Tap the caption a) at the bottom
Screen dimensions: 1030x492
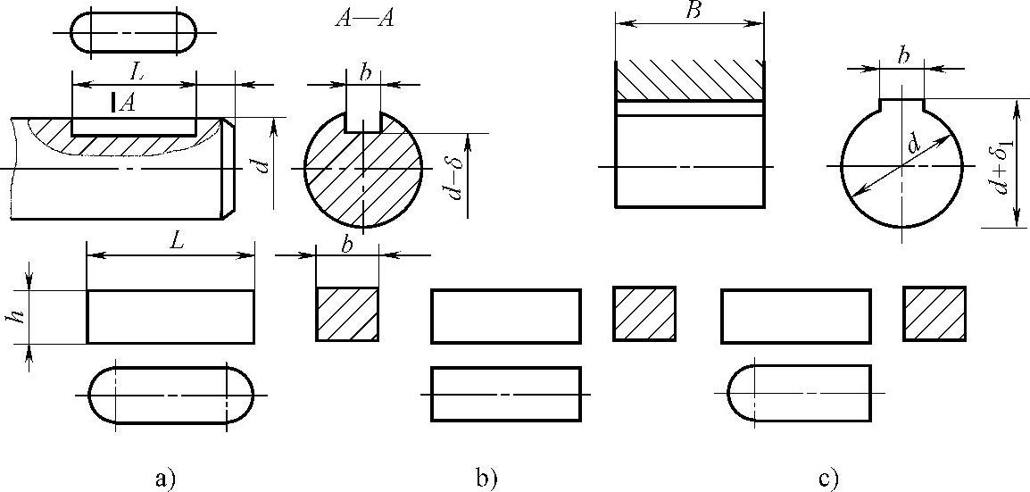[162, 479]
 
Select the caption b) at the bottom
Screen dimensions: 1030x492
[486, 479]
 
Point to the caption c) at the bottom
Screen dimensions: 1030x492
[827, 479]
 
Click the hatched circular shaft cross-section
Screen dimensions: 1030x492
[365, 174]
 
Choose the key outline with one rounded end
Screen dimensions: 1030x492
[799, 393]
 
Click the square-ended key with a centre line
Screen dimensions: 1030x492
[506, 393]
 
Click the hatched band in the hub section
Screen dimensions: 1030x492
[689, 79]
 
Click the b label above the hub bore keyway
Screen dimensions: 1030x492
[903, 55]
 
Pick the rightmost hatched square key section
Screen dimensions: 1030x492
[934, 313]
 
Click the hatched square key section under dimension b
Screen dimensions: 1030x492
[347, 314]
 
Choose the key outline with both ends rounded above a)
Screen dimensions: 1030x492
[170, 394]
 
